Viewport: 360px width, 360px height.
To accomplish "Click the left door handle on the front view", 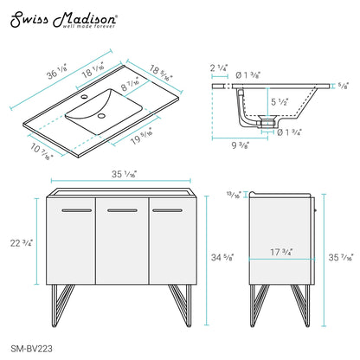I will pos(74,209).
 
